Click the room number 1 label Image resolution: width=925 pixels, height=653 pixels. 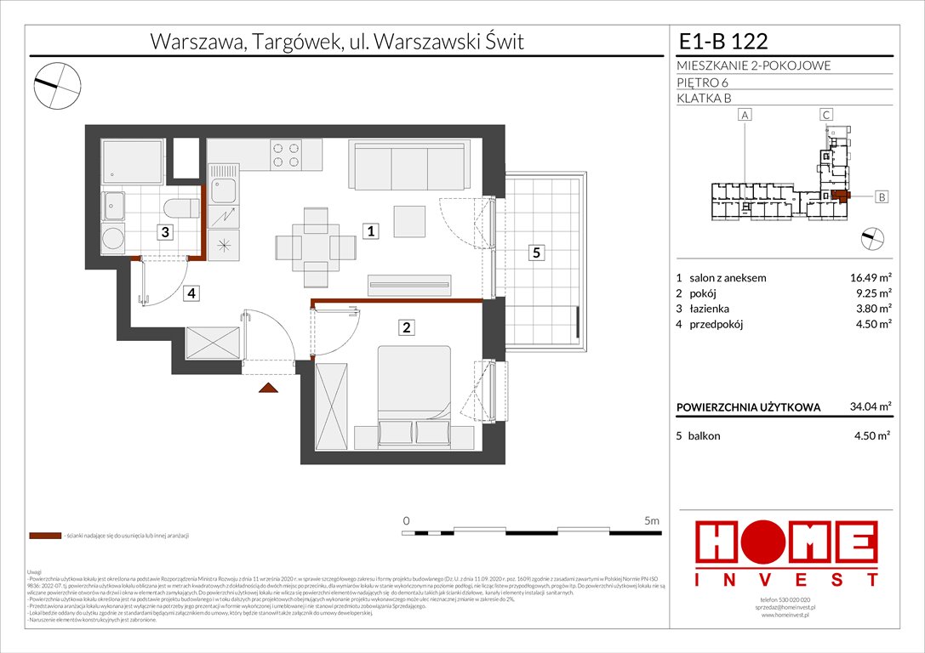click(x=372, y=230)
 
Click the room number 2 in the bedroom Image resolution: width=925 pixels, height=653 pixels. click(x=408, y=327)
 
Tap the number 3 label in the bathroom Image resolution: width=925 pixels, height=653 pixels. click(x=167, y=231)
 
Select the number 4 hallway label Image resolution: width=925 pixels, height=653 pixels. click(x=193, y=293)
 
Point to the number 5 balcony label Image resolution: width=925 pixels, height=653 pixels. click(x=535, y=253)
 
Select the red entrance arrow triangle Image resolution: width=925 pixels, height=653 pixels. click(x=269, y=388)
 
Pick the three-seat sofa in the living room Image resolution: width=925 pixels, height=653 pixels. click(x=409, y=165)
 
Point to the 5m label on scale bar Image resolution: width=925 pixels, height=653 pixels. click(x=652, y=520)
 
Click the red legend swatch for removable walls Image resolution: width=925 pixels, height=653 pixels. click(x=44, y=537)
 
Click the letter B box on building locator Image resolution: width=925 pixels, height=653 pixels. click(x=882, y=197)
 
